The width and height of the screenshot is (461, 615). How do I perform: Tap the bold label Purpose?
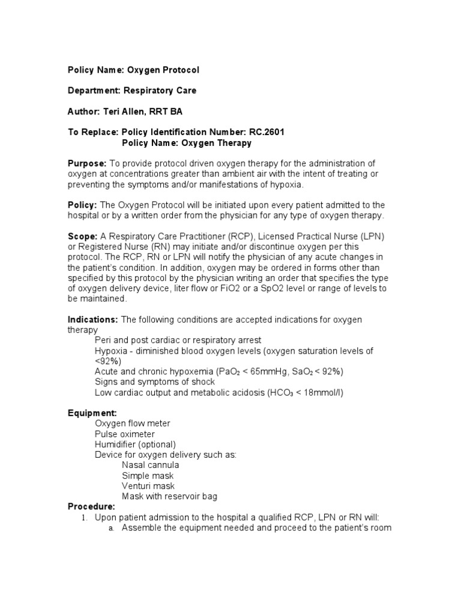87,163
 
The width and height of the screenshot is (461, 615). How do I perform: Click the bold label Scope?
82,237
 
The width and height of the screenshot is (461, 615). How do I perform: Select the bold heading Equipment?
92,413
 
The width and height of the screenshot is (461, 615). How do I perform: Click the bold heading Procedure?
91,506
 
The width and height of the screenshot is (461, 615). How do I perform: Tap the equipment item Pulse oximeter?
124,434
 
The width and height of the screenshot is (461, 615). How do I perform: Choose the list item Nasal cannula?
150,465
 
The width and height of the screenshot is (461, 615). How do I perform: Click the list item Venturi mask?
148,486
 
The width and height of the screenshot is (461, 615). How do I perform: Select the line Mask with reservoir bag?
169,496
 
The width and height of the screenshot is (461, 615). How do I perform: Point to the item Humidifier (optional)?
135,444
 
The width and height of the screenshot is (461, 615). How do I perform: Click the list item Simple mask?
146,476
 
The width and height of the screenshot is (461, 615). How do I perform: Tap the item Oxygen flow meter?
132,423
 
